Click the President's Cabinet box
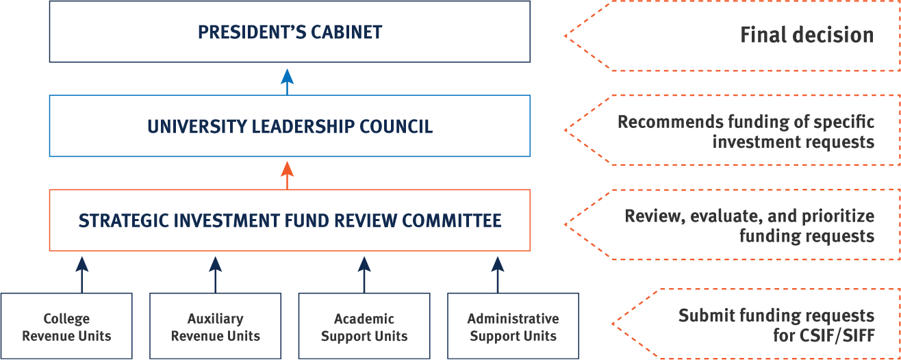(x=290, y=31)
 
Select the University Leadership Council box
(x=290, y=127)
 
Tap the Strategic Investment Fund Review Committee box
(x=290, y=220)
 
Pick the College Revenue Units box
(x=66, y=327)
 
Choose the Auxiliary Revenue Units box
(x=215, y=327)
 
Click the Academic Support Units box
(x=364, y=327)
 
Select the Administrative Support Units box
(x=513, y=327)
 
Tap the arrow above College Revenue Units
(x=81, y=273)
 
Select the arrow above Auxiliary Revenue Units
(x=215, y=273)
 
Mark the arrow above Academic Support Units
(x=364, y=273)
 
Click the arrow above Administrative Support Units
(x=498, y=273)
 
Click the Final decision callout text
(x=807, y=35)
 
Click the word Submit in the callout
(x=700, y=316)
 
